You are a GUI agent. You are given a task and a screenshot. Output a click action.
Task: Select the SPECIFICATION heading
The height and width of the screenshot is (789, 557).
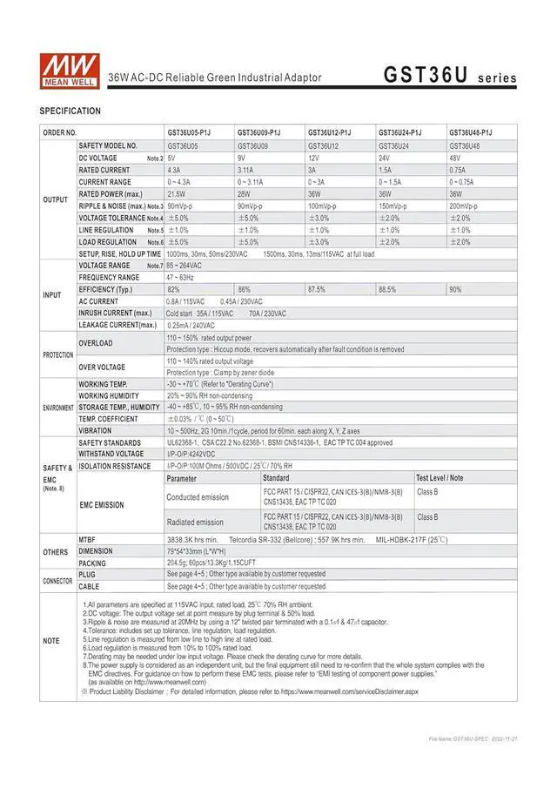point(70,111)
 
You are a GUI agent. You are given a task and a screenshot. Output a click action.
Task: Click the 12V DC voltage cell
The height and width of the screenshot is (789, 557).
point(313,158)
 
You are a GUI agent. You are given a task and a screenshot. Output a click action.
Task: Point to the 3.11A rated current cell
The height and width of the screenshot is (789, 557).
point(248,171)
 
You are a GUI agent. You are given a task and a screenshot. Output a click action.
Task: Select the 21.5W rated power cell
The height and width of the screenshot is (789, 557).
point(177,194)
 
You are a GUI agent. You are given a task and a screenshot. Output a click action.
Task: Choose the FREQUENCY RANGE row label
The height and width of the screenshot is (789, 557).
point(109,277)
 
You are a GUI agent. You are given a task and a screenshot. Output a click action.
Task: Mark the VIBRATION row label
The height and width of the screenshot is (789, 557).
point(95,430)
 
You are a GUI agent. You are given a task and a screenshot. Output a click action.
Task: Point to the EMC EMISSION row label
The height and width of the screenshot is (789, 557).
point(102,505)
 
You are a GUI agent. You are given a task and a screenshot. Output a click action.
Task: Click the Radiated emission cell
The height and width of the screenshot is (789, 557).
point(195,523)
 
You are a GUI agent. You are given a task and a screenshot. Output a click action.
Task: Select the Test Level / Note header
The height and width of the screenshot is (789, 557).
point(440,478)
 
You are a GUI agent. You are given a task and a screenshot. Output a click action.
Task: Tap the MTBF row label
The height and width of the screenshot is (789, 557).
point(87,540)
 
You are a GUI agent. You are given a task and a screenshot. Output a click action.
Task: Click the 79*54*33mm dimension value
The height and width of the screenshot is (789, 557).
point(198,551)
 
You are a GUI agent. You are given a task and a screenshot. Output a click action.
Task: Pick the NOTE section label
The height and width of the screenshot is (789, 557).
point(51,641)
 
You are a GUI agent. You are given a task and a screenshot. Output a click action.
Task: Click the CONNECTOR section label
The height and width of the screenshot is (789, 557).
point(58,580)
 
